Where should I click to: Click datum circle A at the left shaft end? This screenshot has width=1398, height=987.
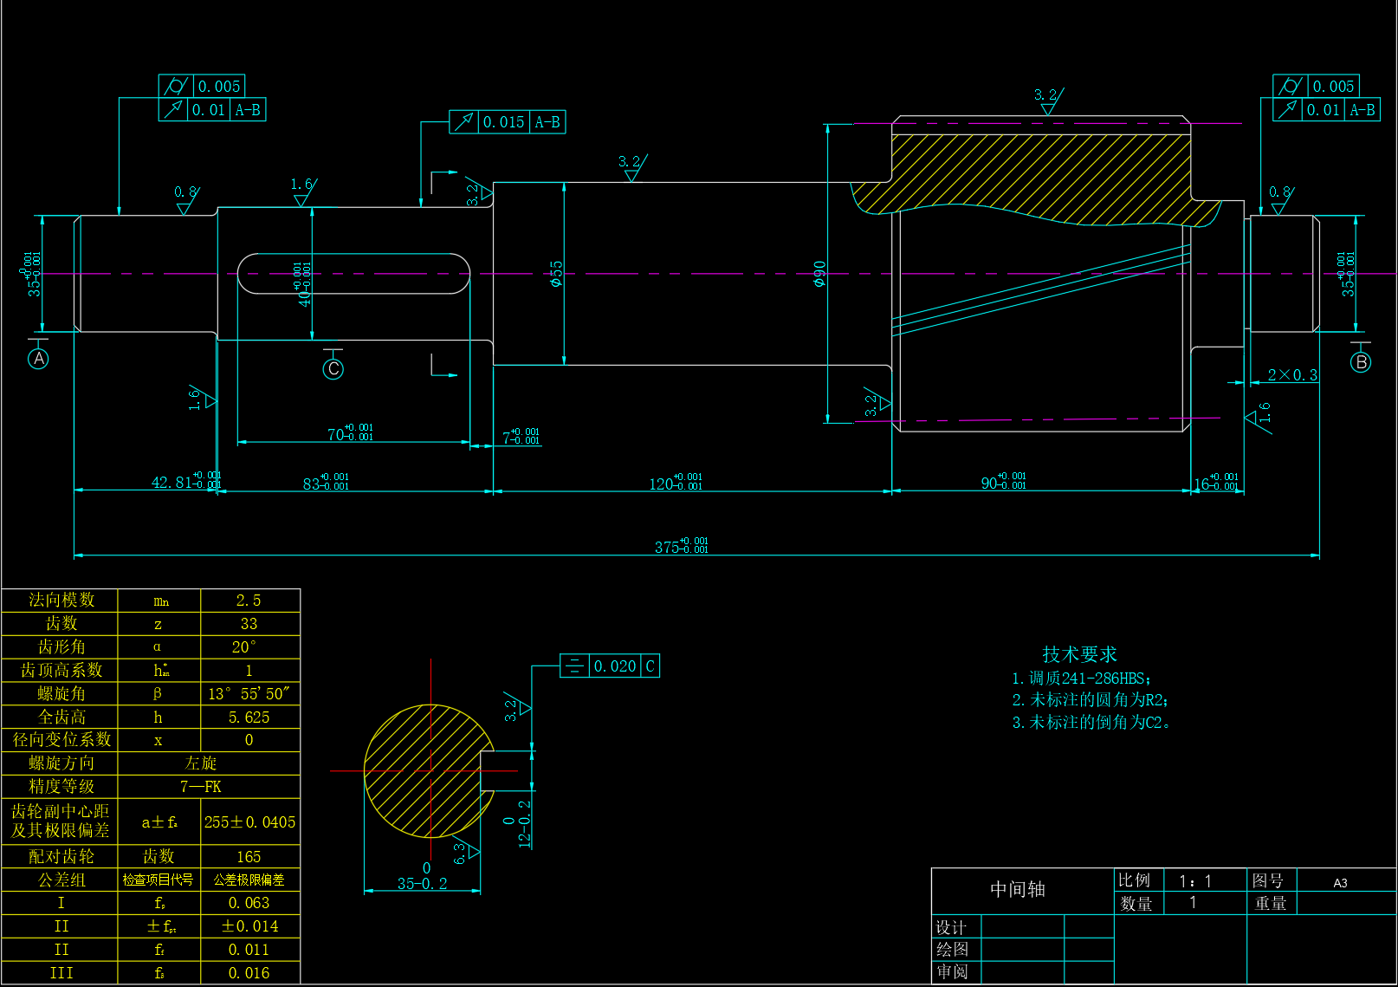click(38, 359)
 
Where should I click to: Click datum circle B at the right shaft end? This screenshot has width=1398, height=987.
click(1361, 362)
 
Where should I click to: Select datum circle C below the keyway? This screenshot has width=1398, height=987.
click(333, 369)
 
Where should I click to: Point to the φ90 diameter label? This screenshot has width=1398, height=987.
click(819, 274)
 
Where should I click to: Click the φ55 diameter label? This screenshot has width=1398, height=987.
click(556, 274)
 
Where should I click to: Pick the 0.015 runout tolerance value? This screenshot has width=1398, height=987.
click(503, 122)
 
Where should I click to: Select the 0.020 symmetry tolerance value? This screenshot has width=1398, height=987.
click(615, 666)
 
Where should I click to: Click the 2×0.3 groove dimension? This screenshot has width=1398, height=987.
click(1292, 375)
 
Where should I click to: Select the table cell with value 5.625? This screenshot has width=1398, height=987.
click(249, 717)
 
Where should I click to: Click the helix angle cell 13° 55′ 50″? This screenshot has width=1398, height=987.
click(249, 693)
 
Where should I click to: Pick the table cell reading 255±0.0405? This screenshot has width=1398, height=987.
click(249, 821)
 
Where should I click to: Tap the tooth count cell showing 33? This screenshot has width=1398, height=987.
click(249, 624)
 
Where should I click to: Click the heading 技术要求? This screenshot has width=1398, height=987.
click(1079, 654)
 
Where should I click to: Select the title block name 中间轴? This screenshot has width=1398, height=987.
click(1018, 890)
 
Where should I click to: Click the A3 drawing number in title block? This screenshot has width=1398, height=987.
click(1340, 882)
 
